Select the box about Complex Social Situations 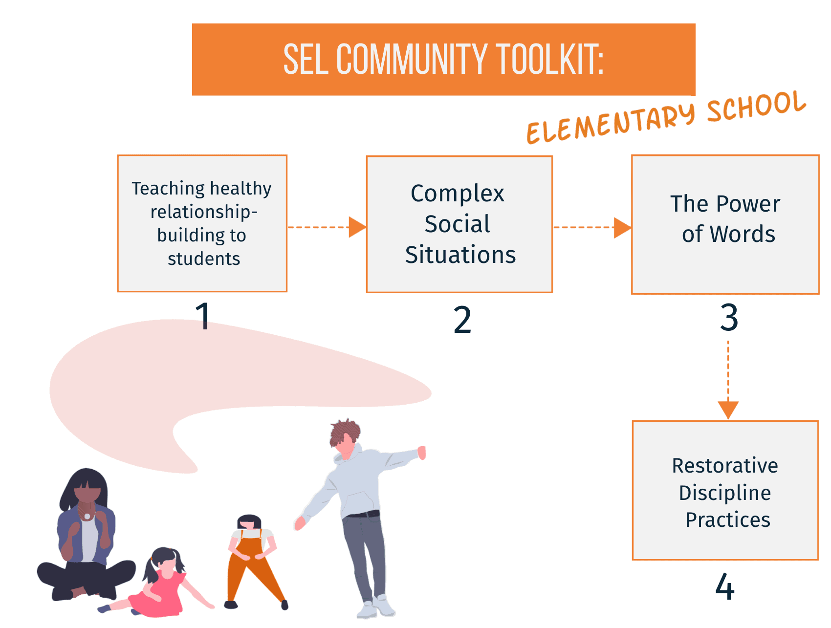pos(459,224)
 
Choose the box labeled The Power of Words pos(725,224)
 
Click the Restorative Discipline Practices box pos(725,491)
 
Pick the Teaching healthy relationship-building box pos(202,223)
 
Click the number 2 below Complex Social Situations pos(462,320)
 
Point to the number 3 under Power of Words pos(729,317)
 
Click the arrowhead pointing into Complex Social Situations pos(357,227)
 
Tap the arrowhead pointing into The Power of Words pos(622,228)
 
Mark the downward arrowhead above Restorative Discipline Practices pos(728,410)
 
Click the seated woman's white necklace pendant pos(87,516)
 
